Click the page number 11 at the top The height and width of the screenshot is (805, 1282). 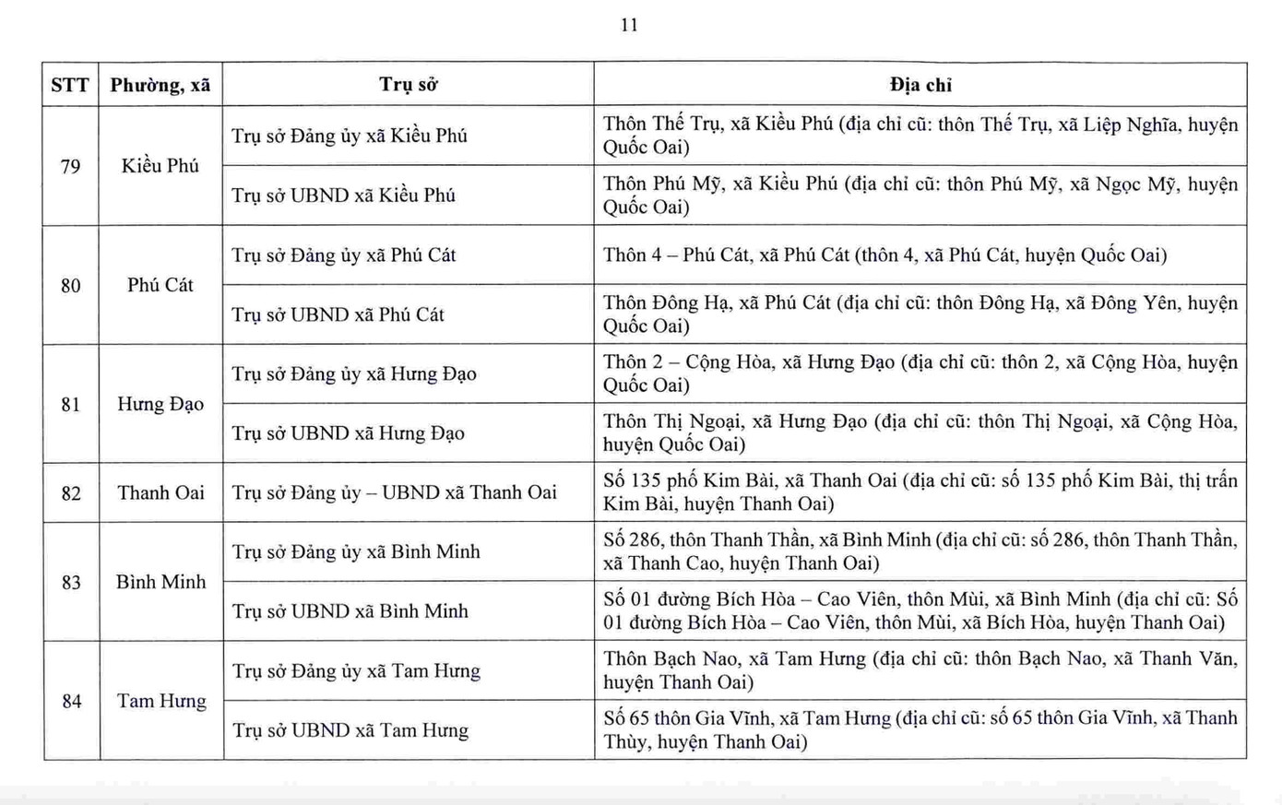point(629,25)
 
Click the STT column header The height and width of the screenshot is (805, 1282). point(70,85)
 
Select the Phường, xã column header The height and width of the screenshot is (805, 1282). point(160,85)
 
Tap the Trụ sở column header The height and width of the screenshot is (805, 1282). point(408,85)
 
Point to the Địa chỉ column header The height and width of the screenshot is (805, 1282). point(920,85)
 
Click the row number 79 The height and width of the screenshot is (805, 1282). point(70,167)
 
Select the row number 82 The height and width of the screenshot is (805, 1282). point(71,493)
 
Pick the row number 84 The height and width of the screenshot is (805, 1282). point(71,702)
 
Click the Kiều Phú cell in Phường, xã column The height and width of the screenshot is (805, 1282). point(160,166)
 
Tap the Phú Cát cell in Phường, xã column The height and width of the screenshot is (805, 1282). point(160,285)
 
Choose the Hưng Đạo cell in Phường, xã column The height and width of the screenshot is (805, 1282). point(160,404)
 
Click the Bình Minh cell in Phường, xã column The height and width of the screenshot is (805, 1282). point(160,582)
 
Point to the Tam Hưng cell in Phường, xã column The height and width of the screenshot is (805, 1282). point(161,701)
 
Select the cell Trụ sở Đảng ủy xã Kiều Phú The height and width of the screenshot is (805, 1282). point(350,136)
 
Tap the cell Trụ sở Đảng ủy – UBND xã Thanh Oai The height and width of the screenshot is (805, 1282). point(394,492)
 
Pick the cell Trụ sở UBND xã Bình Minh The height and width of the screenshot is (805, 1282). point(350,611)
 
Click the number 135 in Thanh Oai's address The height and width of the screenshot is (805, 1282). point(656,480)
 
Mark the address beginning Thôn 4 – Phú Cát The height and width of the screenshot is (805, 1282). point(884,255)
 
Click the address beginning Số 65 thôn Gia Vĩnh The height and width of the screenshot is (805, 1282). point(920,729)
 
